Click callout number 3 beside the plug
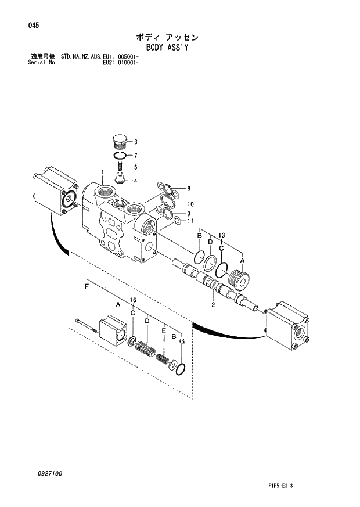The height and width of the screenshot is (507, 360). click(135, 142)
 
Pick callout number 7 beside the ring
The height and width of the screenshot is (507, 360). click(135, 155)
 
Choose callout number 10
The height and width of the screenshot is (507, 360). click(190, 204)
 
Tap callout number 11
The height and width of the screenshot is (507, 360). click(190, 221)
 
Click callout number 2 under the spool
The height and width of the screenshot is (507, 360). click(213, 304)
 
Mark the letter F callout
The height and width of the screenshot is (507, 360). click(87, 287)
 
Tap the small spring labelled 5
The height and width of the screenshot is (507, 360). click(119, 168)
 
